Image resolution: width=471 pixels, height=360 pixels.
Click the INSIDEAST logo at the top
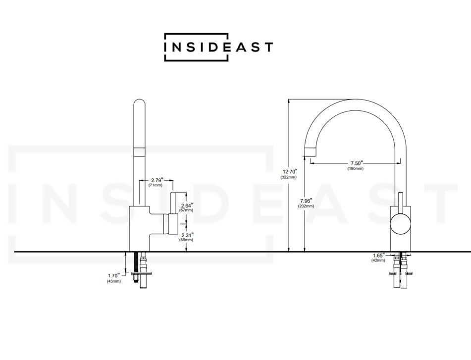218,47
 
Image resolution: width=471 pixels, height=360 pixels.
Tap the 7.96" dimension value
306,201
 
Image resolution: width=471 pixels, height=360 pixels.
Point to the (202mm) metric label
306,206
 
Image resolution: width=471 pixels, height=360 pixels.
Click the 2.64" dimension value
186,205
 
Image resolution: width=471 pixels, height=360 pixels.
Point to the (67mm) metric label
186,210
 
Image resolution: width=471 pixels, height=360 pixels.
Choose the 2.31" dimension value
186,234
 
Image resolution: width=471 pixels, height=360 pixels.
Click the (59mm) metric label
186,240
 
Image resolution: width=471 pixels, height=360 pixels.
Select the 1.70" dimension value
113,275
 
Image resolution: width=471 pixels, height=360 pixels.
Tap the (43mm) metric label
113,281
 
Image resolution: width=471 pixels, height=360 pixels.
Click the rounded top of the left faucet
140,105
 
